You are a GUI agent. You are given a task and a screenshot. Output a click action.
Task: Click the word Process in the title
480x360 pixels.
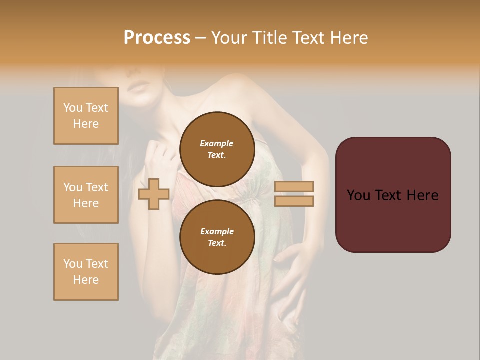click(157, 38)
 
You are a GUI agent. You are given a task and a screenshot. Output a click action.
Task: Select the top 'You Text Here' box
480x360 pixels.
click(86, 116)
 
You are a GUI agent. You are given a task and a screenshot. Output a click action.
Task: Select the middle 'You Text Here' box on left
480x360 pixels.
click(86, 195)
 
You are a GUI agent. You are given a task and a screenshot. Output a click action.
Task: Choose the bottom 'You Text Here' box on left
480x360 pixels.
click(86, 272)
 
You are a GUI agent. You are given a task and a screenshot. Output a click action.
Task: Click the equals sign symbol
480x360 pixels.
click(294, 194)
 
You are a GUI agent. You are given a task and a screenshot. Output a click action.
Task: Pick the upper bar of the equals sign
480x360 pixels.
click(294, 187)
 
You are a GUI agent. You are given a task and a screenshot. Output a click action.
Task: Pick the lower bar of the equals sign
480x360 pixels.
click(294, 201)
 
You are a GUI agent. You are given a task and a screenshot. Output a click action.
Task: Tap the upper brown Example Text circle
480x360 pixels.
click(217, 149)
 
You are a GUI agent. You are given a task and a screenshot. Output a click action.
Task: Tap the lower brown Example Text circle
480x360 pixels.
click(217, 237)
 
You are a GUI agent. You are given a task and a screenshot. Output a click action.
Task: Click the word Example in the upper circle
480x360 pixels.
click(217, 143)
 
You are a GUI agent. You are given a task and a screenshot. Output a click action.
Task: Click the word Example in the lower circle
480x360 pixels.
click(217, 231)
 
